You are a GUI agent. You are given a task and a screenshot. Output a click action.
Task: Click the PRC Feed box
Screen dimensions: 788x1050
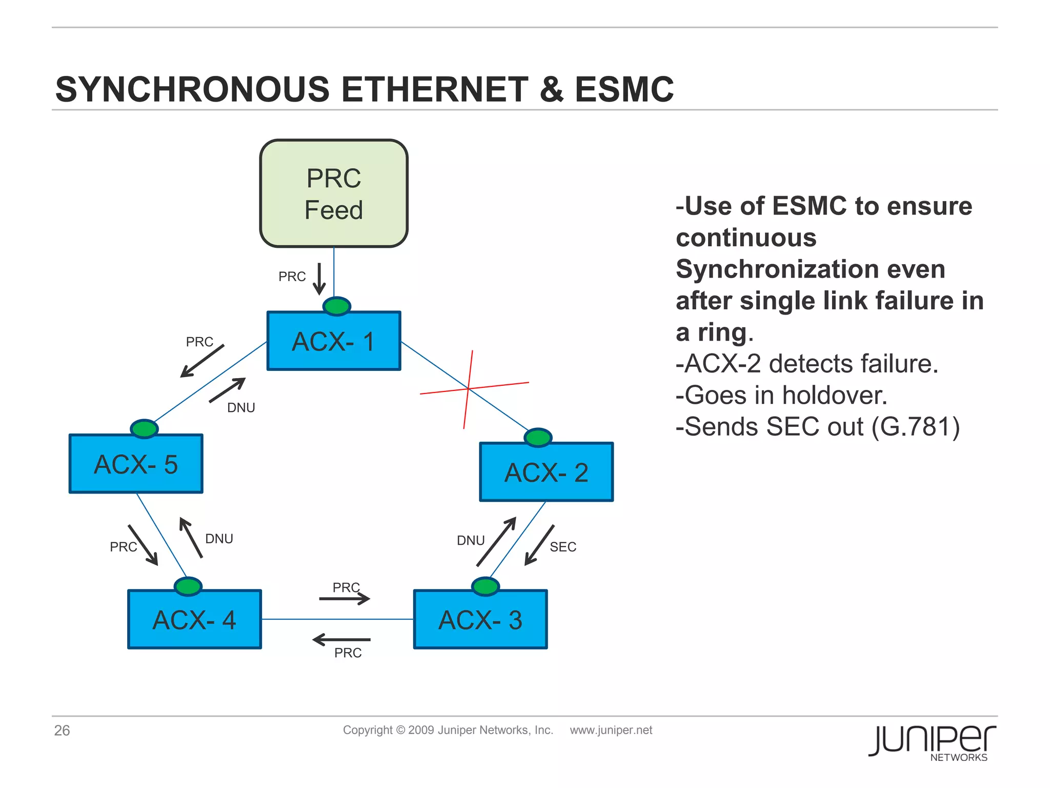pyautogui.click(x=334, y=194)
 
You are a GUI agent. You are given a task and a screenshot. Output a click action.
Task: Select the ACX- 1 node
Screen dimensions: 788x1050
pyautogui.click(x=334, y=341)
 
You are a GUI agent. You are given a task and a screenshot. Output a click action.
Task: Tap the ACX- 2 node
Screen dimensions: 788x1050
pyautogui.click(x=546, y=472)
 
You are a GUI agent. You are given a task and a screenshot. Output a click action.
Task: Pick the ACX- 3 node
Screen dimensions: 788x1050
pyautogui.click(x=480, y=620)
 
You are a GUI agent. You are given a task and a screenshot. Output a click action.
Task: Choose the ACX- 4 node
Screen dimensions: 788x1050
pyautogui.click(x=194, y=620)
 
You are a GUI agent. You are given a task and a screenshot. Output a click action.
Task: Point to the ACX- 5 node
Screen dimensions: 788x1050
pyautogui.click(x=136, y=464)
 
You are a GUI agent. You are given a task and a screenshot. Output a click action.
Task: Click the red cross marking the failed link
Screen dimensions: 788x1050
pyautogui.click(x=469, y=389)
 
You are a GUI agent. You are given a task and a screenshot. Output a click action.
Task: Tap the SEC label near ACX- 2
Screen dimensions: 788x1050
pyautogui.click(x=563, y=547)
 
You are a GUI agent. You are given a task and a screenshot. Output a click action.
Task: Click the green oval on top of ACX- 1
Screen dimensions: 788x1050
pyautogui.click(x=337, y=306)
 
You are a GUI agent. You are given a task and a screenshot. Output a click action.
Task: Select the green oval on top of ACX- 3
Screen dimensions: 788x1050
pyautogui.click(x=485, y=586)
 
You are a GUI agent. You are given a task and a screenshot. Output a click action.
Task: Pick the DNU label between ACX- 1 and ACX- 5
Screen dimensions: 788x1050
pyautogui.click(x=241, y=408)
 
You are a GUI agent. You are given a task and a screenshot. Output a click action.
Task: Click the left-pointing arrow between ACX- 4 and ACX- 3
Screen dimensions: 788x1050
pyautogui.click(x=341, y=640)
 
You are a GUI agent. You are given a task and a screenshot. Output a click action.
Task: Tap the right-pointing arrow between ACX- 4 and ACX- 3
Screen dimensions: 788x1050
pyautogui.click(x=345, y=599)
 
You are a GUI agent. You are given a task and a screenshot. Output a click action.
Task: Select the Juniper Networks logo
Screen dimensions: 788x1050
pyautogui.click(x=932, y=742)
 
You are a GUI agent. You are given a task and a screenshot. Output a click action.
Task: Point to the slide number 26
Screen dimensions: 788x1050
pyautogui.click(x=62, y=731)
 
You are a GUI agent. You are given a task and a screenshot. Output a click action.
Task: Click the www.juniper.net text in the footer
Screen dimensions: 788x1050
pyautogui.click(x=611, y=730)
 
